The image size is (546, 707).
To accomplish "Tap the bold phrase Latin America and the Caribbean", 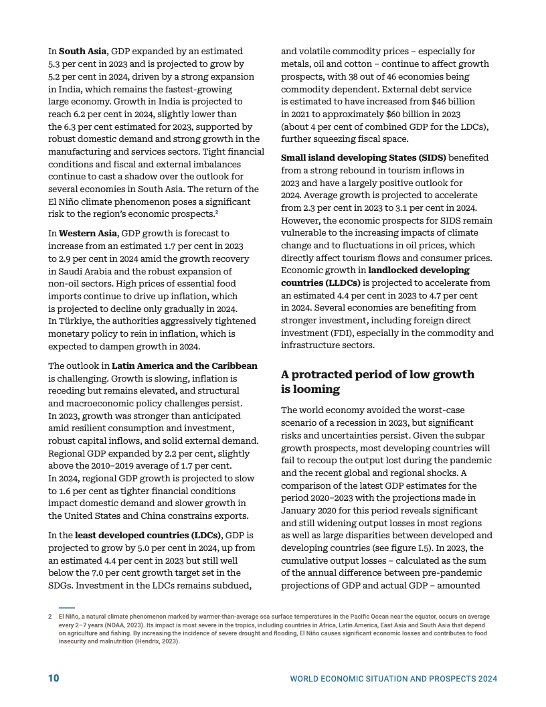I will (184, 366).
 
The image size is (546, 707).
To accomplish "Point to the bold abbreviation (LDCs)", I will (203, 535).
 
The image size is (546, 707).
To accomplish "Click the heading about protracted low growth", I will (377, 382).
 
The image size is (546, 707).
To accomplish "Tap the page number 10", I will (54, 678).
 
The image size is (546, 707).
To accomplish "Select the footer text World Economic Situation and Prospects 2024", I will (393, 679).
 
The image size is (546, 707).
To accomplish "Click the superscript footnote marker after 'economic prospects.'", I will (217, 212).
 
